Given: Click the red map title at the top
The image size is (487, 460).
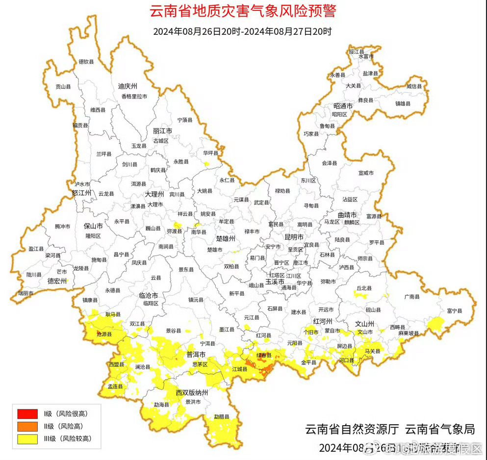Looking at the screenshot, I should [243, 11].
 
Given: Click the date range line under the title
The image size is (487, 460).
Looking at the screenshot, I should [243, 31].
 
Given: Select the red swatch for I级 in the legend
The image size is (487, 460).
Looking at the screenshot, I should [27, 413].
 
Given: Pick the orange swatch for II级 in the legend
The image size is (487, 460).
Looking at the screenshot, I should [27, 426].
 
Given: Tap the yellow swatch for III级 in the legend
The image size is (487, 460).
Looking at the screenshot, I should [27, 439].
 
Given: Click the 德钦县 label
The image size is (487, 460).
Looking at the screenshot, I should [86, 62].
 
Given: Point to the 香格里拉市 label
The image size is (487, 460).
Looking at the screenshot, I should [134, 97].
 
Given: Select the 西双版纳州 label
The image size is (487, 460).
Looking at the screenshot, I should [192, 393].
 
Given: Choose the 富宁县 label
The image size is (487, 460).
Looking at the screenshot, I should [455, 310].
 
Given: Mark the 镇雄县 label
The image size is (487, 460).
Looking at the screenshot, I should [403, 103].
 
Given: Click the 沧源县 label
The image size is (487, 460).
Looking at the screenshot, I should [103, 333].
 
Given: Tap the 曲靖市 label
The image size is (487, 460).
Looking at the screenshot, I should [347, 215].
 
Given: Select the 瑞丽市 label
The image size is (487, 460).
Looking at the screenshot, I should [26, 293].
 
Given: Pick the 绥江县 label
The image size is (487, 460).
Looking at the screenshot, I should [357, 51].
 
